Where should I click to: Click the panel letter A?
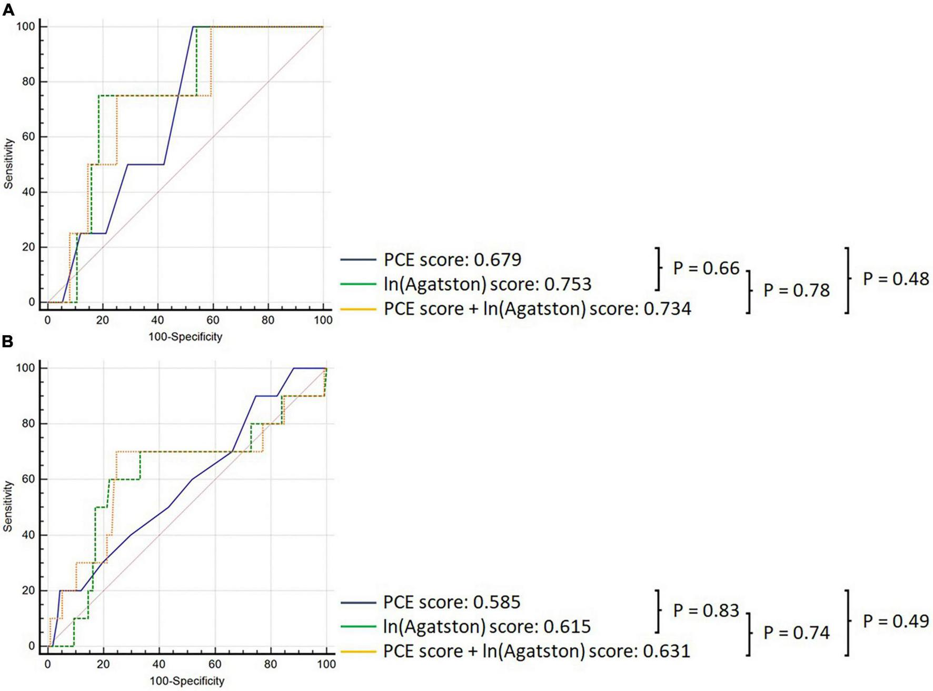click(x=8, y=9)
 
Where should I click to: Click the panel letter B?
click(x=8, y=342)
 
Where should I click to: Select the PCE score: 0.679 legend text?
click(x=452, y=259)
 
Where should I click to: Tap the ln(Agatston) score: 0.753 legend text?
click(x=487, y=284)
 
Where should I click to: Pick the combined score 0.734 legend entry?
click(x=537, y=308)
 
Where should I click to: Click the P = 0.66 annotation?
click(x=706, y=268)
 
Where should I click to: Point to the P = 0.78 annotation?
click(x=796, y=291)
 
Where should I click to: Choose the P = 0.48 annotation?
click(x=896, y=279)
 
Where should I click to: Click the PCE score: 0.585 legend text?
click(x=452, y=602)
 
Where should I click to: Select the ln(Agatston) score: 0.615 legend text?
click(x=487, y=626)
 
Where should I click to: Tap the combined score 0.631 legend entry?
click(x=536, y=651)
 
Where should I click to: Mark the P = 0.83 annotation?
click(x=706, y=610)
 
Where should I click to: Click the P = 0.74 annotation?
click(x=796, y=633)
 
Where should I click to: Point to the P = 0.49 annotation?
click(x=896, y=622)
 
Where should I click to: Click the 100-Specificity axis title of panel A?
click(x=185, y=337)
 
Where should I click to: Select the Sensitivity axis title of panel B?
click(x=8, y=506)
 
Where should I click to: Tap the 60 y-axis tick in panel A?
click(x=28, y=137)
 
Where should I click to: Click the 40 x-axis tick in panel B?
click(x=159, y=664)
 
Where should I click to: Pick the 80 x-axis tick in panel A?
click(x=268, y=320)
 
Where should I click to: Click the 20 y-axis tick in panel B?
click(x=28, y=590)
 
